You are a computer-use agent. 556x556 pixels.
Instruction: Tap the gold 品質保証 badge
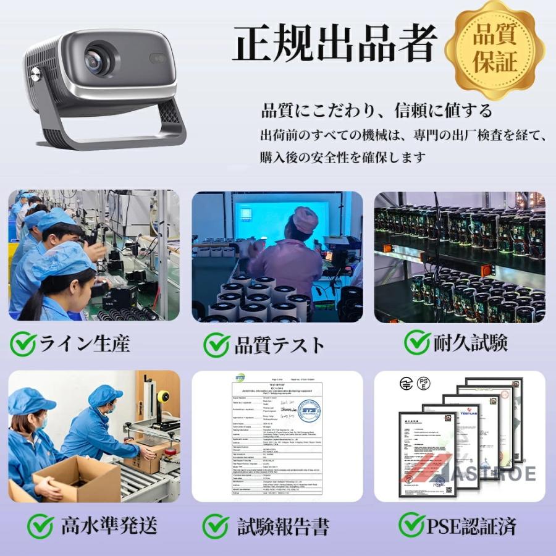[x=495, y=50]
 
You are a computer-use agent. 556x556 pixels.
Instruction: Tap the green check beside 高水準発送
[x=40, y=526]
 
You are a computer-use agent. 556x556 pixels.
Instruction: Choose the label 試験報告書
[x=284, y=527]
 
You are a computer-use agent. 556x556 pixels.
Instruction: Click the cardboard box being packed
[x=80, y=479]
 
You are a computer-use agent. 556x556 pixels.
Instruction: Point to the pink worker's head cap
[x=305, y=219]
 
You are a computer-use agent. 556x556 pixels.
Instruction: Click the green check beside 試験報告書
[x=216, y=526]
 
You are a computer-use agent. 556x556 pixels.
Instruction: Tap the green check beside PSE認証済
[x=411, y=525]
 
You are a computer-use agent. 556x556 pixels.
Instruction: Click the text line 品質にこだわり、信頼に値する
[x=377, y=111]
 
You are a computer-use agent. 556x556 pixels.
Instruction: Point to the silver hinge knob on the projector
[x=36, y=75]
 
